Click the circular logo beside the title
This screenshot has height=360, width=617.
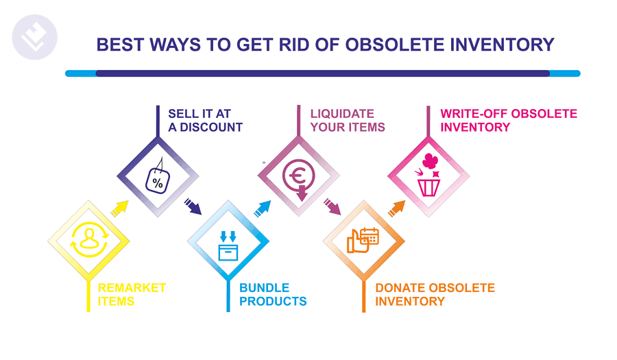click(35, 38)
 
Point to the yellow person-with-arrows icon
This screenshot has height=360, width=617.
click(89, 239)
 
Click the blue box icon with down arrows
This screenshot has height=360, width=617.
click(228, 246)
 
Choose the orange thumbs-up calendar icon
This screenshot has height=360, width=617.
click(363, 240)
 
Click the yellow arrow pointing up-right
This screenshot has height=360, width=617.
click(120, 208)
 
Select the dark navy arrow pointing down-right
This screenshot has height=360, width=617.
click(193, 206)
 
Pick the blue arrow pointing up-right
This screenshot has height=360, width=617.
click(263, 208)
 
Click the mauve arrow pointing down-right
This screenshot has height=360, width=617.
click(332, 206)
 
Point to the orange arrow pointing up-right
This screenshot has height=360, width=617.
click(397, 208)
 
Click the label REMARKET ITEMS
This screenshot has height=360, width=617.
click(132, 294)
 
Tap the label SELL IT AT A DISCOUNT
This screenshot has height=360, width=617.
click(206, 121)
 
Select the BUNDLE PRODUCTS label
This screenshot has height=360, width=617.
click(273, 294)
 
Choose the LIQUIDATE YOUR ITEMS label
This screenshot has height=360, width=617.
click(348, 121)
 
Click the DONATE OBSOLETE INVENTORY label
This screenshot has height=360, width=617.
click(435, 294)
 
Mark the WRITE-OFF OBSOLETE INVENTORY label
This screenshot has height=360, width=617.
click(509, 121)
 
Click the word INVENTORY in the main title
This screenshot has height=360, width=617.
click(503, 45)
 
